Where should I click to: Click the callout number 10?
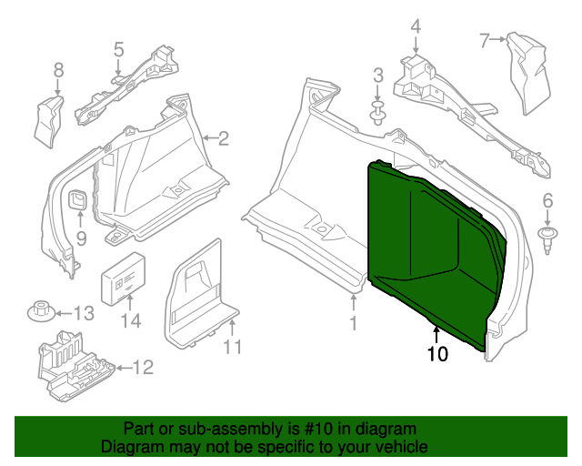437,354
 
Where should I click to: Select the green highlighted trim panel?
427,246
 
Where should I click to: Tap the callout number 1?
354,322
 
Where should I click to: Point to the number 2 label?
223,138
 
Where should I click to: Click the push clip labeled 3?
376,112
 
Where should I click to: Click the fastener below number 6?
547,240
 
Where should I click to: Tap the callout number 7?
485,39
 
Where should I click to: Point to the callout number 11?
233,347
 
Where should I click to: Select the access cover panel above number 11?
198,291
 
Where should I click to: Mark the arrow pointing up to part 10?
436,334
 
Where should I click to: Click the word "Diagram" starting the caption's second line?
129,448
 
